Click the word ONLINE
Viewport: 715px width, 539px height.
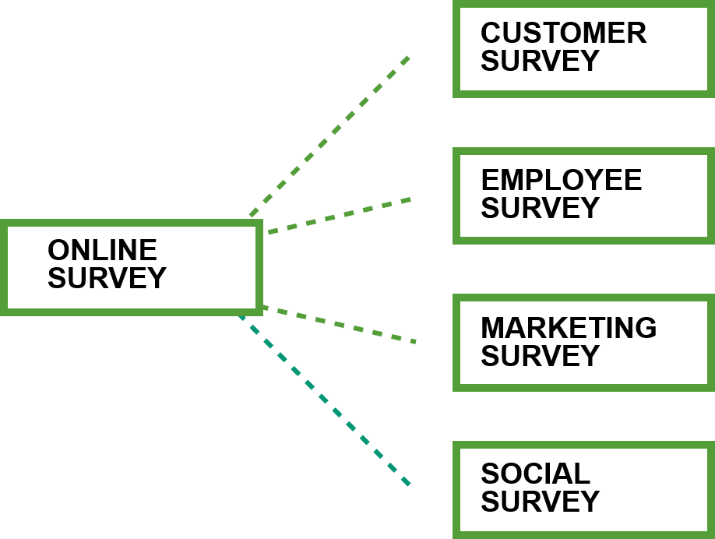click(102, 250)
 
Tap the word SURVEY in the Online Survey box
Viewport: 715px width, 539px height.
click(107, 278)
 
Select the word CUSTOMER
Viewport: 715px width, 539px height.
click(564, 33)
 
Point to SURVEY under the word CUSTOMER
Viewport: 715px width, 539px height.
click(540, 61)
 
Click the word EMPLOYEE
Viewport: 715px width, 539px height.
click(562, 180)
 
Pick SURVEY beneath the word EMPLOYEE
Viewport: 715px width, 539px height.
click(540, 208)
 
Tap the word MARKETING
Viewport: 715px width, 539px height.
click(569, 327)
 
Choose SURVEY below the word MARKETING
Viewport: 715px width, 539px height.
click(540, 356)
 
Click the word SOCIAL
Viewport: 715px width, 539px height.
click(536, 474)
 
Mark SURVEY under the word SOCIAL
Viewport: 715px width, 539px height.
click(540, 502)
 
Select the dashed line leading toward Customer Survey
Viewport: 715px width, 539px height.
click(329, 136)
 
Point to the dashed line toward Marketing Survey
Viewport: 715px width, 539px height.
click(340, 324)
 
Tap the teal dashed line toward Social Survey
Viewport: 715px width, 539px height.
click(324, 400)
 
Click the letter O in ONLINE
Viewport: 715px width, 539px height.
click(59, 250)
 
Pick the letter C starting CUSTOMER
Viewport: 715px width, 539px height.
click(491, 33)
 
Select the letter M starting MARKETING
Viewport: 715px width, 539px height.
click(492, 327)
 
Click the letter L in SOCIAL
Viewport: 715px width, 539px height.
click(583, 474)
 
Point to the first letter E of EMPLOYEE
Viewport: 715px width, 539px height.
click(490, 180)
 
